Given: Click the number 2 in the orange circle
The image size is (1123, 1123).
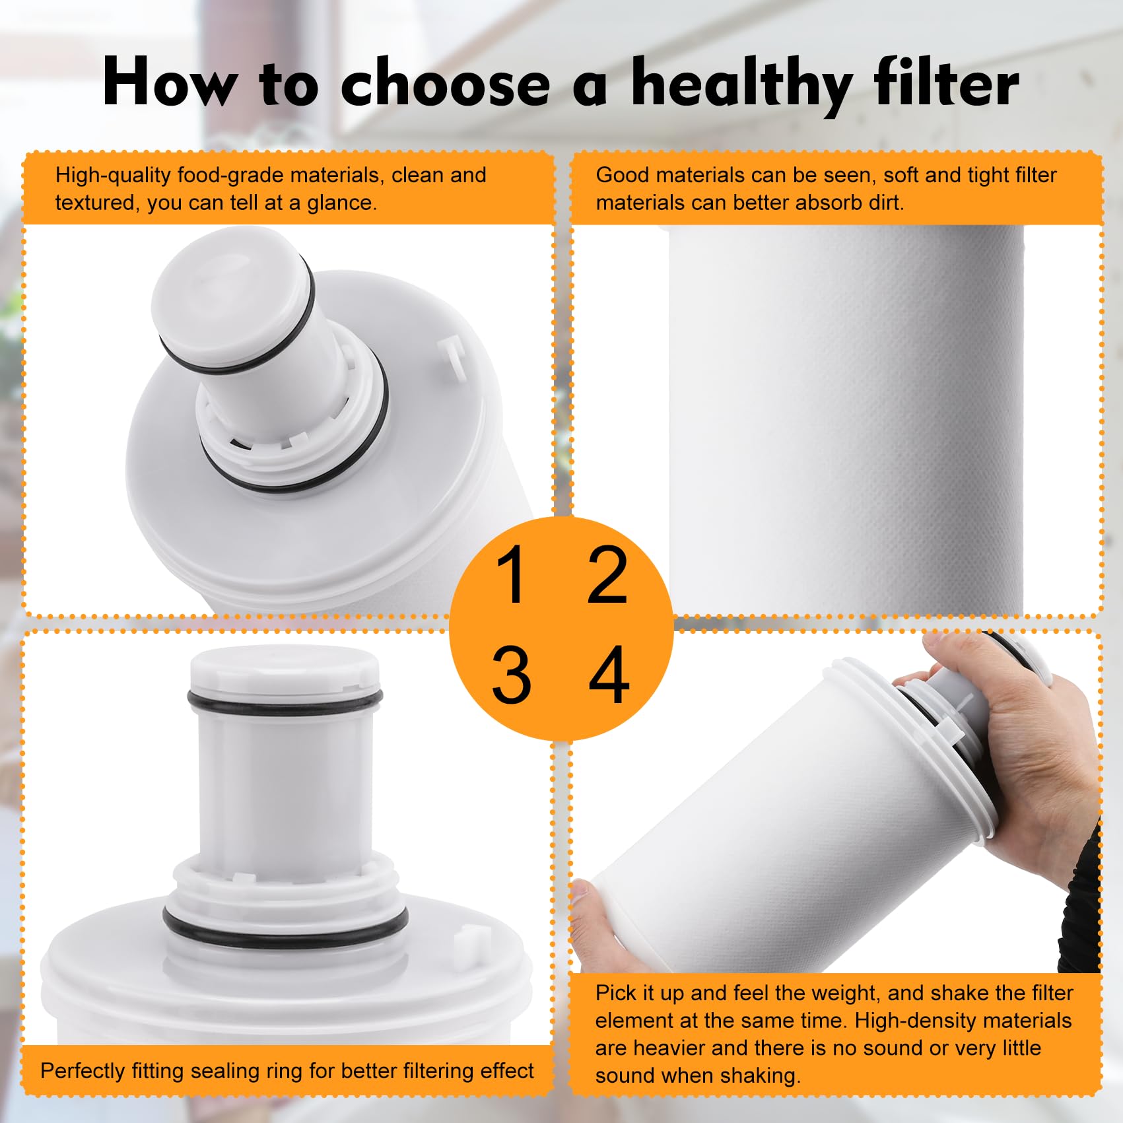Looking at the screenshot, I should pyautogui.click(x=607, y=575).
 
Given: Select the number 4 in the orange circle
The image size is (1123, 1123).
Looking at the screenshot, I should pyautogui.click(x=609, y=675).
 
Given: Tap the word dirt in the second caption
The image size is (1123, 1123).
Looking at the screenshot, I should pyautogui.click(x=883, y=203).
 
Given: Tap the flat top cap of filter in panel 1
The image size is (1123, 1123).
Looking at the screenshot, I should pyautogui.click(x=218, y=277).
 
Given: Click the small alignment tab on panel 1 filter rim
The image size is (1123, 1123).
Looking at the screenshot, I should pyautogui.click(x=454, y=357).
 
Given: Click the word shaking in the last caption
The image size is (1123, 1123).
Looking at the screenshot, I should pyautogui.click(x=760, y=1075).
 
